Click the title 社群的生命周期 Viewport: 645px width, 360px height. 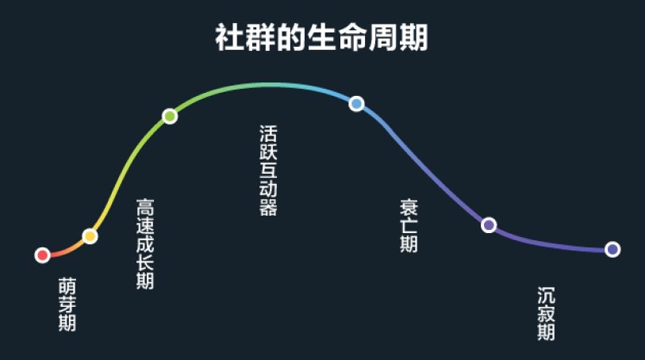pos(321,38)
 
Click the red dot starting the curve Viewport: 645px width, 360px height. pos(43,255)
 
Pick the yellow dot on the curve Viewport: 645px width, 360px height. pos(90,236)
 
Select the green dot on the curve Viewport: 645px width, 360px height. pos(169,117)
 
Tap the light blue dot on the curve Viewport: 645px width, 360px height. pos(356,103)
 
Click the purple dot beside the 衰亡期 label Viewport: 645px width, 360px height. pos(489,225)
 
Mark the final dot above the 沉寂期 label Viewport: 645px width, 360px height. pos(612,249)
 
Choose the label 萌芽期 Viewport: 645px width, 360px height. pos(67,304)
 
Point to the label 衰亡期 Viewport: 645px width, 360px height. pos(409,225)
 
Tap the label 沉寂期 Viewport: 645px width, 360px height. pos(546,313)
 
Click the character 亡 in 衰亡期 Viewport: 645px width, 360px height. pos(409,225)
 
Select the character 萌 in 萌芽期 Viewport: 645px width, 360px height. pos(67,285)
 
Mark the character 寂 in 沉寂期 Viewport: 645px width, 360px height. pos(546,313)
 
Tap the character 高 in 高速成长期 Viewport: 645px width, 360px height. pos(144,207)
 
